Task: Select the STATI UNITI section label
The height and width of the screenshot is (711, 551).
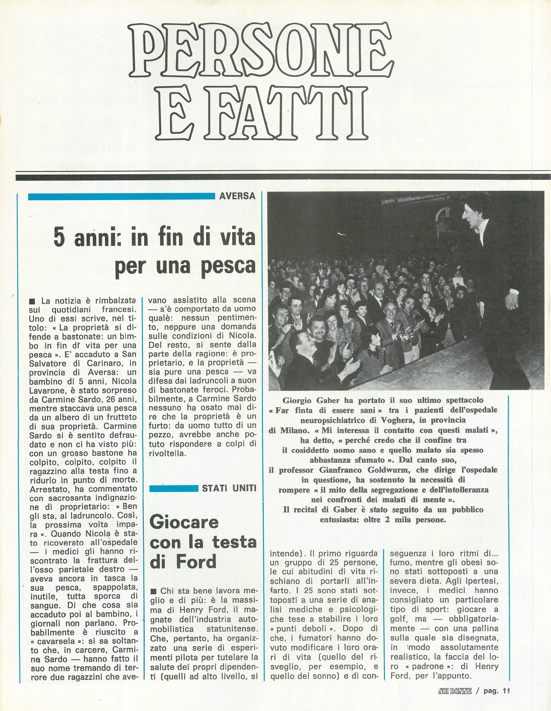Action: coord(229,488)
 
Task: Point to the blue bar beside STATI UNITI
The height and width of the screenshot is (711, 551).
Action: coord(174,488)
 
